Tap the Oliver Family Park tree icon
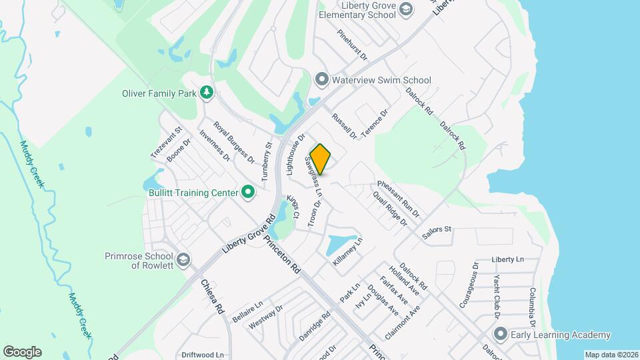point(207,92)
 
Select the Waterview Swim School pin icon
point(322,80)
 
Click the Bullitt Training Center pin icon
point(248,193)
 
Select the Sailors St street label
point(437,229)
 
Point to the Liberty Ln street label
point(508,259)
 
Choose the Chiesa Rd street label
point(211,297)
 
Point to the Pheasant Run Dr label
point(398,199)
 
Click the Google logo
point(22,351)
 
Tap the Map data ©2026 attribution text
point(611,355)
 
